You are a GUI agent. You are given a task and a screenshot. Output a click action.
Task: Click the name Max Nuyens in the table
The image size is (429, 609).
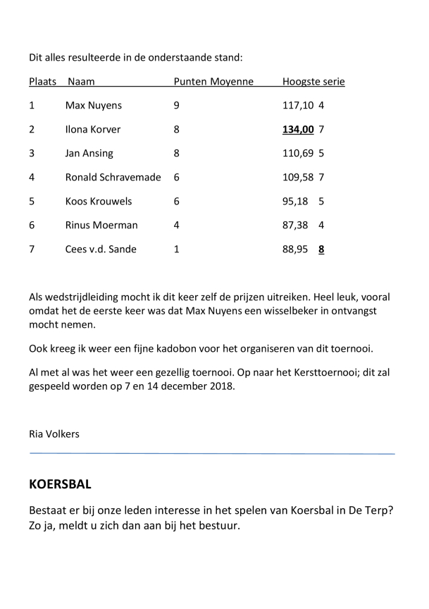pos(93,106)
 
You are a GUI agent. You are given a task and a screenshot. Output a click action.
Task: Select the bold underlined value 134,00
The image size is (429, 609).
pos(298,130)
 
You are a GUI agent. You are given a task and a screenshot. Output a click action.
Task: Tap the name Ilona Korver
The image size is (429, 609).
pos(93,130)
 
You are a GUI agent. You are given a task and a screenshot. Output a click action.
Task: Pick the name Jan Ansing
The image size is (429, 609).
pos(89,154)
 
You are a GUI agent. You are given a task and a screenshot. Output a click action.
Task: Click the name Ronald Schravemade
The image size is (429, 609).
pos(113,178)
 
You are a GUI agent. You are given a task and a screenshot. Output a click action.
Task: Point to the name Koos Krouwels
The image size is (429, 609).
pos(99,202)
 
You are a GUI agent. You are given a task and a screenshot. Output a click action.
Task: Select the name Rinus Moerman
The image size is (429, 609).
pos(101,226)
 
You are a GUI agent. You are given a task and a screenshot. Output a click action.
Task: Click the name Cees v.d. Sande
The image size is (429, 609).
pos(101,250)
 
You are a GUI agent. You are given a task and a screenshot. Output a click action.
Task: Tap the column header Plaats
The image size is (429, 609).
pos(42,82)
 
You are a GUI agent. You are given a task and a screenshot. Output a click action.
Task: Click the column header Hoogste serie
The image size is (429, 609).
pos(313,82)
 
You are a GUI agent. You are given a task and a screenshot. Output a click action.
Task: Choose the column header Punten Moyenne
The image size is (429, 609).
pos(213,82)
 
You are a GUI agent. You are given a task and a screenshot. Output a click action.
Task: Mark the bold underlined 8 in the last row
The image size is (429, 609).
pos(321,250)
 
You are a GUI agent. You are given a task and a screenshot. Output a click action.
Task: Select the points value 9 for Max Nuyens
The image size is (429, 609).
pos(176,106)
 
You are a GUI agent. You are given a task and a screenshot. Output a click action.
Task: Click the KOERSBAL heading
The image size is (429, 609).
pos(60,486)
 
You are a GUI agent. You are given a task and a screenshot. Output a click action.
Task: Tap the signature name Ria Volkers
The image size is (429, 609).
pos(54,434)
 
